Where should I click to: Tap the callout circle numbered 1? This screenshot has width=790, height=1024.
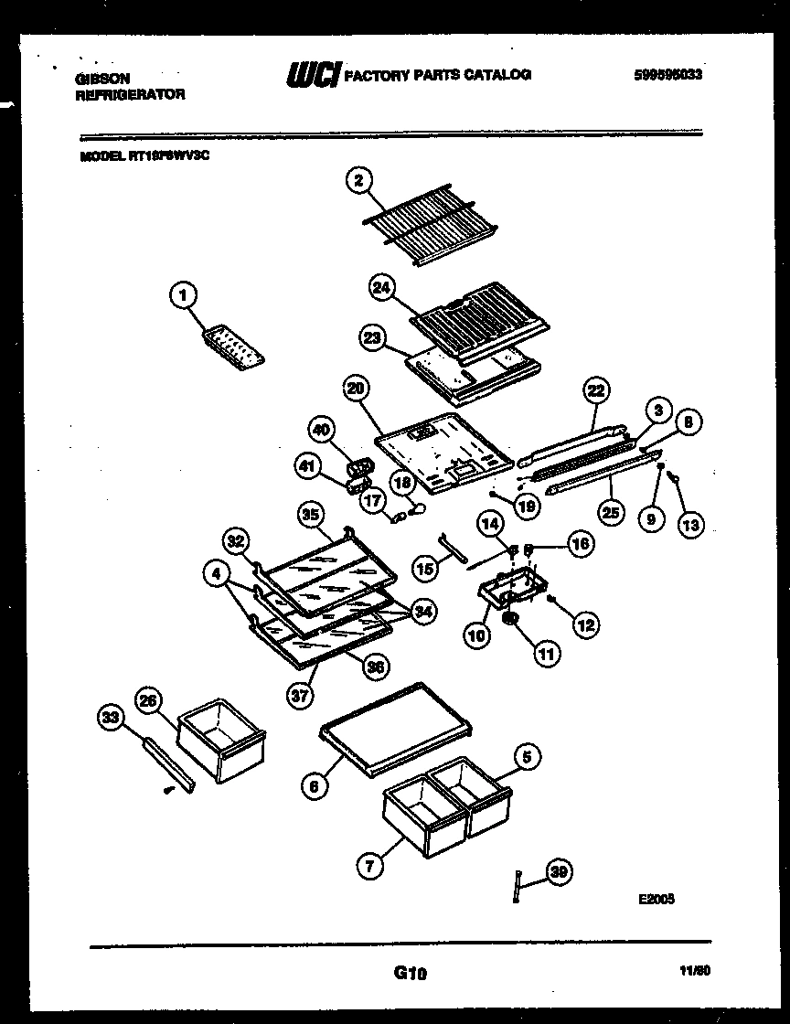click(184, 294)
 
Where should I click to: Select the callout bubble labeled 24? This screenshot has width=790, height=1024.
click(382, 287)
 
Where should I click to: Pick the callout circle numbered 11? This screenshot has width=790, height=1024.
click(545, 654)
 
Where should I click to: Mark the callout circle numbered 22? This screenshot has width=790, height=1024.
click(596, 390)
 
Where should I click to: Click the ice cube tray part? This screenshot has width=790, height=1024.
click(234, 348)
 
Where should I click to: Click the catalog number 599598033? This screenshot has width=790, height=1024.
click(667, 76)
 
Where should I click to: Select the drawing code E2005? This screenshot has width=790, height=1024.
click(657, 899)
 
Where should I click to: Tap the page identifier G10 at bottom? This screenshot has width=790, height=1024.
click(411, 975)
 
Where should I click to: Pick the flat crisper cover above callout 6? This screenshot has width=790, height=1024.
click(396, 728)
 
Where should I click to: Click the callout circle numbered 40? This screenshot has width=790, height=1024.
click(322, 430)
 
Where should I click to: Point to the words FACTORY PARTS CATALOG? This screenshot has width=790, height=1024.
click(436, 75)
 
